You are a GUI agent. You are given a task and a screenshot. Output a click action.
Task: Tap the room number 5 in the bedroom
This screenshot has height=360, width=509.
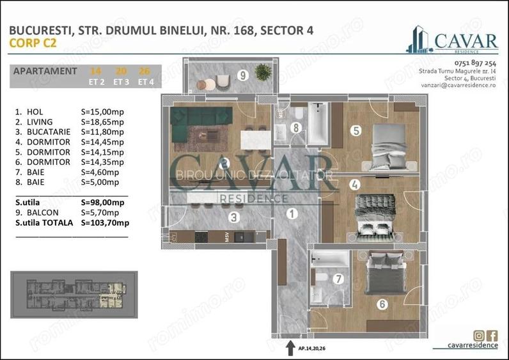click(x=356, y=130)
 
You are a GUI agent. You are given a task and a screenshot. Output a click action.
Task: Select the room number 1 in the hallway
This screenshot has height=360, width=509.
click(x=292, y=214)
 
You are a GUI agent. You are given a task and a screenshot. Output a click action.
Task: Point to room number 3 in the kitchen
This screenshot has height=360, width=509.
click(x=235, y=217)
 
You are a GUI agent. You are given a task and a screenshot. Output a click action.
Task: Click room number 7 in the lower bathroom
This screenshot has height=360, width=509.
click(x=338, y=279)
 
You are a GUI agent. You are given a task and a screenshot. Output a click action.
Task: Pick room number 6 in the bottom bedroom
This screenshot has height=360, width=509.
click(x=382, y=304)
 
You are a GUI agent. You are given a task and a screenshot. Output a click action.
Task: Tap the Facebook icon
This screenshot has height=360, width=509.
click(x=492, y=335)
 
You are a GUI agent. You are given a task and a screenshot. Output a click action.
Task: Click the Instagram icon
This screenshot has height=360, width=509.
click(x=479, y=335)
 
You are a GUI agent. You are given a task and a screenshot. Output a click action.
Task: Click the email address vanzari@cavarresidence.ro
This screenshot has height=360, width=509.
click(x=457, y=93)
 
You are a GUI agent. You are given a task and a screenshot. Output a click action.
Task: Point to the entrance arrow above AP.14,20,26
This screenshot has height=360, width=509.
click(x=286, y=345)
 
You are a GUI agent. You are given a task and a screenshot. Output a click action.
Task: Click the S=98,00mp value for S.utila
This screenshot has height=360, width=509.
click(x=101, y=201)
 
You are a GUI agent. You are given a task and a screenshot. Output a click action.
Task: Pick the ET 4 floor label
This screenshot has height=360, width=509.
click(x=145, y=82)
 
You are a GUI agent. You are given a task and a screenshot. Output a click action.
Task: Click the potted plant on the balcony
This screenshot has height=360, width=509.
click(x=262, y=71)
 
